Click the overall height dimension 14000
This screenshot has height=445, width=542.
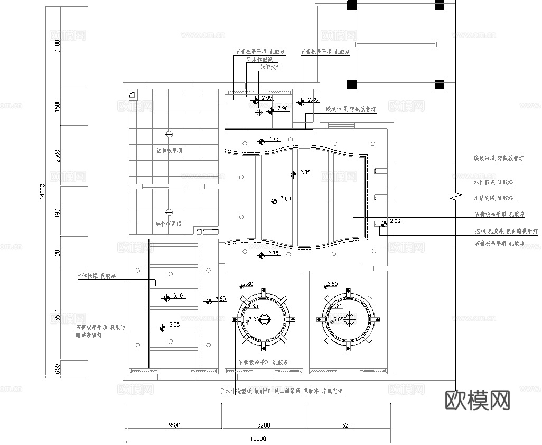pos(43,192)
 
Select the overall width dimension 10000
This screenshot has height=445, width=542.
pos(258,438)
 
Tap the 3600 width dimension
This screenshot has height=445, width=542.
pos(174,424)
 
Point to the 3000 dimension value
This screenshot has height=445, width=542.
pos(58,46)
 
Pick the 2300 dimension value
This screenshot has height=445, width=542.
pos(58,156)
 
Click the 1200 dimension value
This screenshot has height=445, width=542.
pos(58,252)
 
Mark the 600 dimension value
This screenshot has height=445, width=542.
pos(58,368)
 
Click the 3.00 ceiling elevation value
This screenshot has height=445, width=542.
pos(285,199)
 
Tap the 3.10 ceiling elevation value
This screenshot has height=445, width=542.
pos(177,296)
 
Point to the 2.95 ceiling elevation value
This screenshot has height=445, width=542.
pos(267,98)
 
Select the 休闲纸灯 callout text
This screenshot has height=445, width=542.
pos(269,68)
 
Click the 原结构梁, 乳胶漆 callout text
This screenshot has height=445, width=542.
pos(493,198)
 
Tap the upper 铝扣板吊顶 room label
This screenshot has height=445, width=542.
pos(170,150)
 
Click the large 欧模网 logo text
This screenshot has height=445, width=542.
pos(478,400)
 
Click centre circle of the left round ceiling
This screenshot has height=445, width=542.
pos(264,319)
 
